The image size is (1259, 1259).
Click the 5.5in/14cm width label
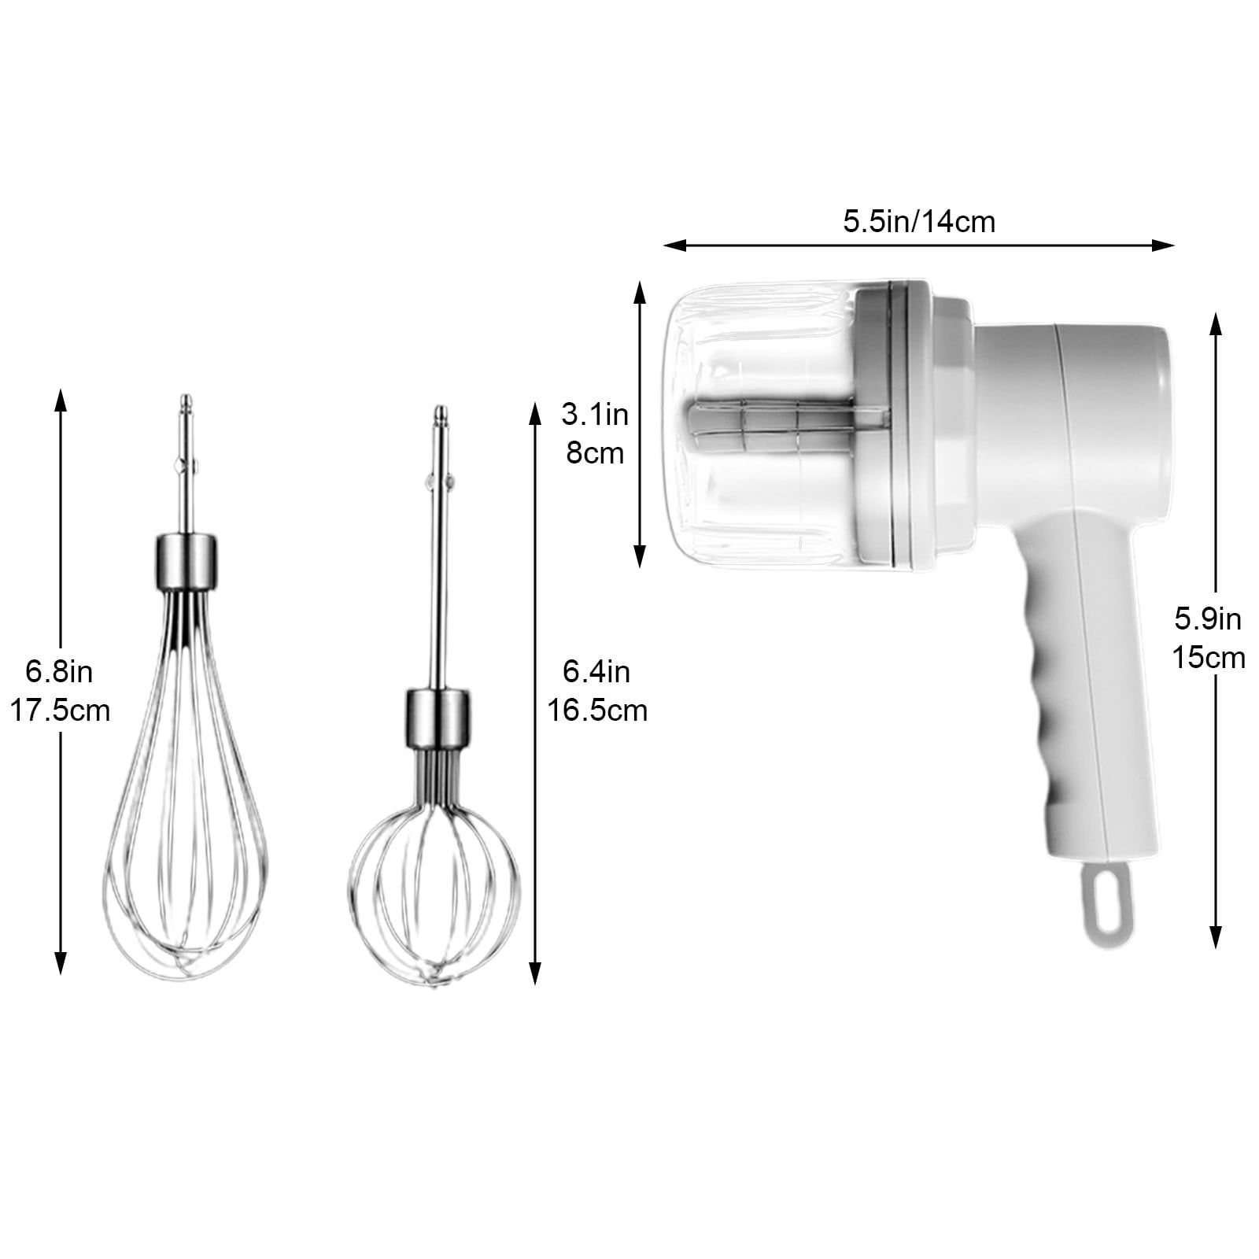[x=919, y=222]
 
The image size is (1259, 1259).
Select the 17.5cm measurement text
[x=59, y=711]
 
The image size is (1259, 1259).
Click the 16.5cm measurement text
[x=597, y=711]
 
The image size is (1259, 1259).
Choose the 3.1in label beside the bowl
[x=595, y=414]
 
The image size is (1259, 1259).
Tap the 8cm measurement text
[x=595, y=453]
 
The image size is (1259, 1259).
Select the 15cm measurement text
[x=1209, y=657]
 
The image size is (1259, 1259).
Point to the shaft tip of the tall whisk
[x=186, y=401]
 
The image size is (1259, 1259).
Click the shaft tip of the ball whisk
[x=440, y=413]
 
